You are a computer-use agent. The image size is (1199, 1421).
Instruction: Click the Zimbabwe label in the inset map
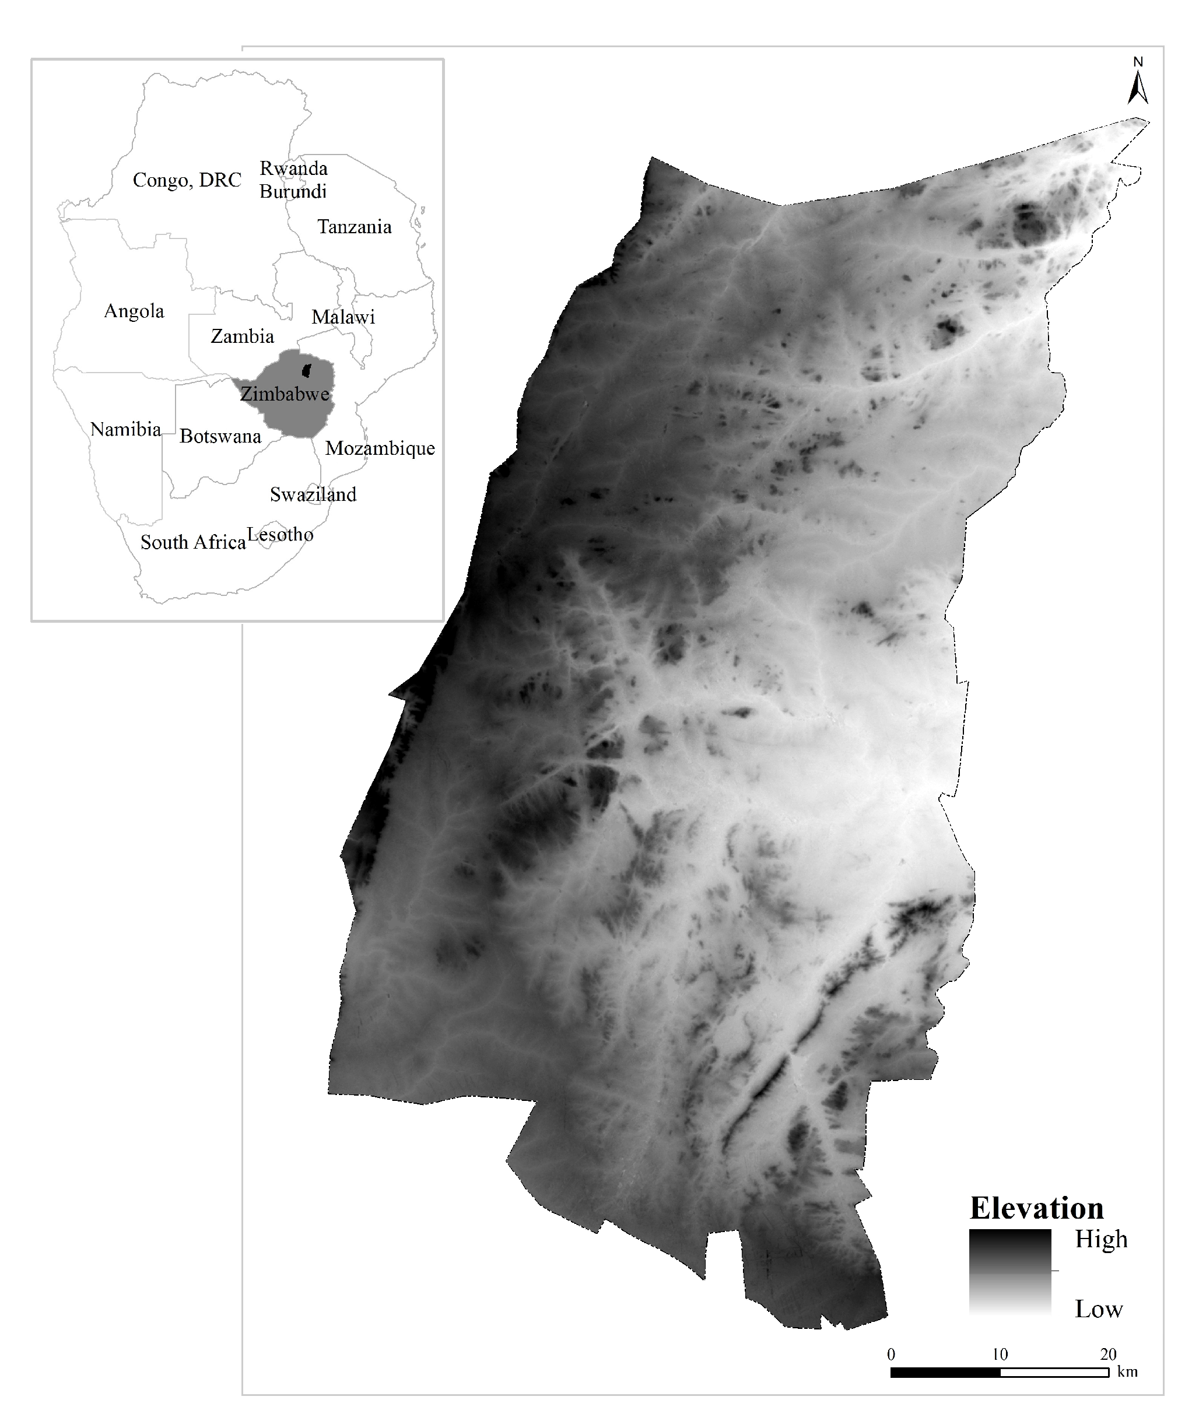click(285, 394)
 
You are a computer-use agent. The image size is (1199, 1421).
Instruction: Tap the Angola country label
click(134, 311)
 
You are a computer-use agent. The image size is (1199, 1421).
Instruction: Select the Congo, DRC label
click(187, 180)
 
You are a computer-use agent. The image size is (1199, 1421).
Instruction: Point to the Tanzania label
click(354, 227)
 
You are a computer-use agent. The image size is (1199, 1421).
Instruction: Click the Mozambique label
click(380, 448)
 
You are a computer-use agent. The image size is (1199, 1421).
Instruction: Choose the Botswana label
click(220, 436)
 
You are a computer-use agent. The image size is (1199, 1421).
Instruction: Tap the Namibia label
click(126, 430)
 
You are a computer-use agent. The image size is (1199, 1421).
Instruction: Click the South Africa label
click(193, 542)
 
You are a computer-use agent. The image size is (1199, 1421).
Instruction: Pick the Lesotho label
click(280, 535)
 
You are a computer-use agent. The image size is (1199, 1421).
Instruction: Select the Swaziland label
click(313, 494)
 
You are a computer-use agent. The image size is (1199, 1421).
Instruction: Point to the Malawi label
click(343, 317)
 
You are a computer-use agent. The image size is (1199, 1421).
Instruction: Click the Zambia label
click(242, 336)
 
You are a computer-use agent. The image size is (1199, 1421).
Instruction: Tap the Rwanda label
click(294, 169)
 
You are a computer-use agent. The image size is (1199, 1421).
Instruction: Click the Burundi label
click(293, 192)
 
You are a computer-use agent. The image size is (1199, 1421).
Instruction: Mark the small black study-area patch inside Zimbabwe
click(307, 370)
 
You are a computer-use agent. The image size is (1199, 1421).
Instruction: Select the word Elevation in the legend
click(1036, 1208)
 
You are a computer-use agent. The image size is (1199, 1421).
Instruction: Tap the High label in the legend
click(1101, 1240)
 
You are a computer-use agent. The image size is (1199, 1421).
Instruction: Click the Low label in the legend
click(1099, 1309)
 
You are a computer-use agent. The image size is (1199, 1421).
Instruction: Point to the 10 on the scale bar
click(999, 1354)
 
